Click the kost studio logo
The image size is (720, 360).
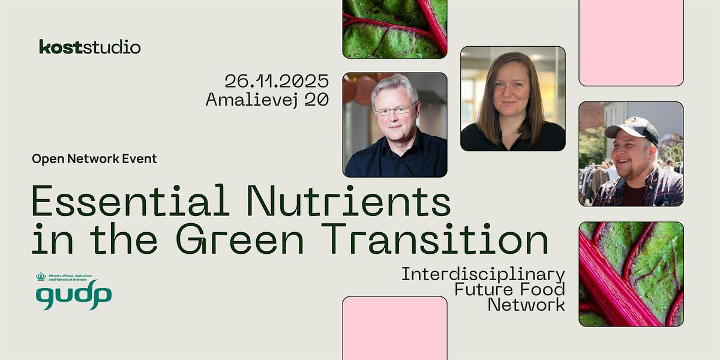tap(90, 47)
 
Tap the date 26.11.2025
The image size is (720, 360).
tap(277, 80)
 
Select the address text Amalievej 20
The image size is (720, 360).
tap(267, 100)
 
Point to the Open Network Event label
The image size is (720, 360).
tap(94, 159)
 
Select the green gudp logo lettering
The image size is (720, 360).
tap(73, 296)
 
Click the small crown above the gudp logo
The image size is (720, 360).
tap(41, 277)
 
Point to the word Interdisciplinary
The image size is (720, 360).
tap(483, 275)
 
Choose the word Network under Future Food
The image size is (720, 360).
tap(526, 305)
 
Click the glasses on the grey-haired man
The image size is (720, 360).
tap(394, 110)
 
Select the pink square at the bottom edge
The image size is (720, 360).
tap(394, 328)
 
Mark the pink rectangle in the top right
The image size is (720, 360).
tap(631, 42)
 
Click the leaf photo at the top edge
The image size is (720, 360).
tap(394, 29)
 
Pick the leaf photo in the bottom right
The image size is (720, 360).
tap(631, 274)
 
